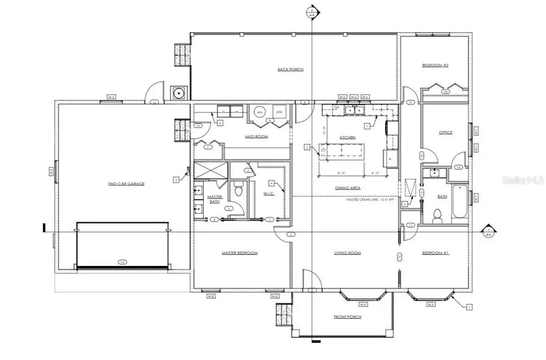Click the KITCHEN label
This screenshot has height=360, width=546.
coord(348,138)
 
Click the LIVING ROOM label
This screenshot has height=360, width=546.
coord(348,253)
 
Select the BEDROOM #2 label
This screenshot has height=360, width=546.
coord(435,65)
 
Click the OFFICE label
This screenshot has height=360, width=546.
coord(446,132)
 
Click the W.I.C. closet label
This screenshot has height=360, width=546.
coord(269,194)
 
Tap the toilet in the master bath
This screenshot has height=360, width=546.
coord(238,189)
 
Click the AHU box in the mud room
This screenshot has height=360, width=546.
coord(279,112)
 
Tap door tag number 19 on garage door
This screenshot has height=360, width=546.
coord(122,262)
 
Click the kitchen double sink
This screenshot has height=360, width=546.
coord(355,111)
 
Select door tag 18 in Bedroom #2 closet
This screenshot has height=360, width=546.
coord(445,92)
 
